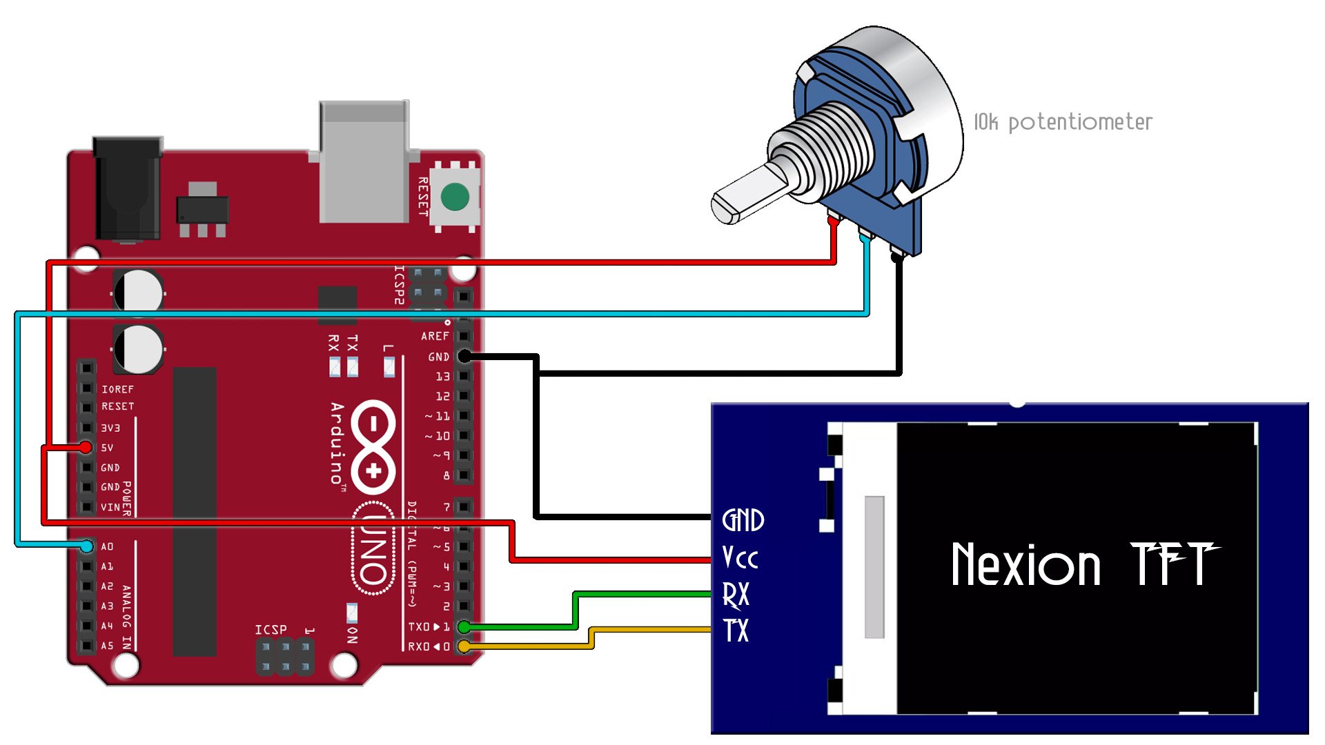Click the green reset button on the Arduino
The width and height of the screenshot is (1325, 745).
pos(455,197)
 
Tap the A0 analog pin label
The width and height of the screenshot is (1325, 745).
pos(107,546)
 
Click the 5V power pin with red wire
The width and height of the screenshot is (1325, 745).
pos(86,448)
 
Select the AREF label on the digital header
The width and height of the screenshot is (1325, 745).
pos(435,336)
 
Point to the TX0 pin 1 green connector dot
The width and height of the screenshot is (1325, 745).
pos(464,626)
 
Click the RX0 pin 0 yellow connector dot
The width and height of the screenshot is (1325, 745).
pos(464,646)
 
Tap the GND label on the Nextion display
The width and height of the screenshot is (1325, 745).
pos(743,520)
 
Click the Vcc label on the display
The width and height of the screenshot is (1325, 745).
pos(740,557)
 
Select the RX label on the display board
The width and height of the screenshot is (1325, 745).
pos(736,595)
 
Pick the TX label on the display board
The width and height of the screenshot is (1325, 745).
pos(736,630)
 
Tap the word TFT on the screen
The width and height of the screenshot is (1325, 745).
pos(1173,564)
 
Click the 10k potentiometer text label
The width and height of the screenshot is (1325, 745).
pos(1063,122)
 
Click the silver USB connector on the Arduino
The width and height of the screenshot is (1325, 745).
pos(364,162)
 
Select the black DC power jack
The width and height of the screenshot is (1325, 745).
pos(128,190)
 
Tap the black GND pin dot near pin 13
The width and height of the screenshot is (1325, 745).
pos(465,356)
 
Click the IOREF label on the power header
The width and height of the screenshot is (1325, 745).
pos(117,389)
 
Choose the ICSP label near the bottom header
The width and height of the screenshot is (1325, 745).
pos(271,630)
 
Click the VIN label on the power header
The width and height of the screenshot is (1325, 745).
pos(110,507)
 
